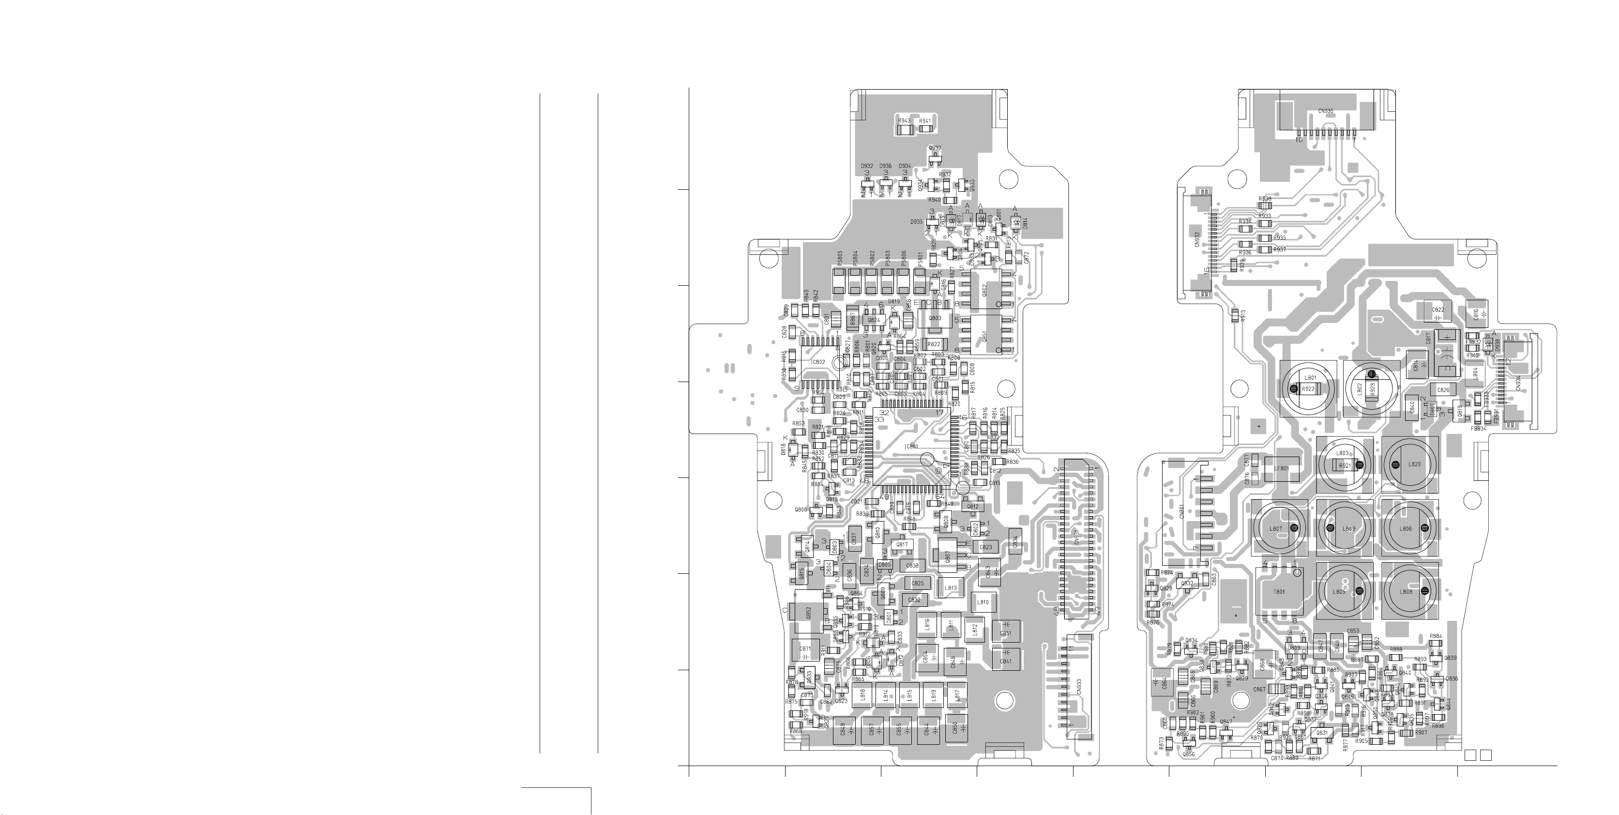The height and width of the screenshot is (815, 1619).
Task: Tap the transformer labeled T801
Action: (1278, 591)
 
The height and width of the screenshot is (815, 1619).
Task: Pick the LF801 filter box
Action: (1282, 468)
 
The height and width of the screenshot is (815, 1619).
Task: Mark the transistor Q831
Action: (1322, 733)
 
